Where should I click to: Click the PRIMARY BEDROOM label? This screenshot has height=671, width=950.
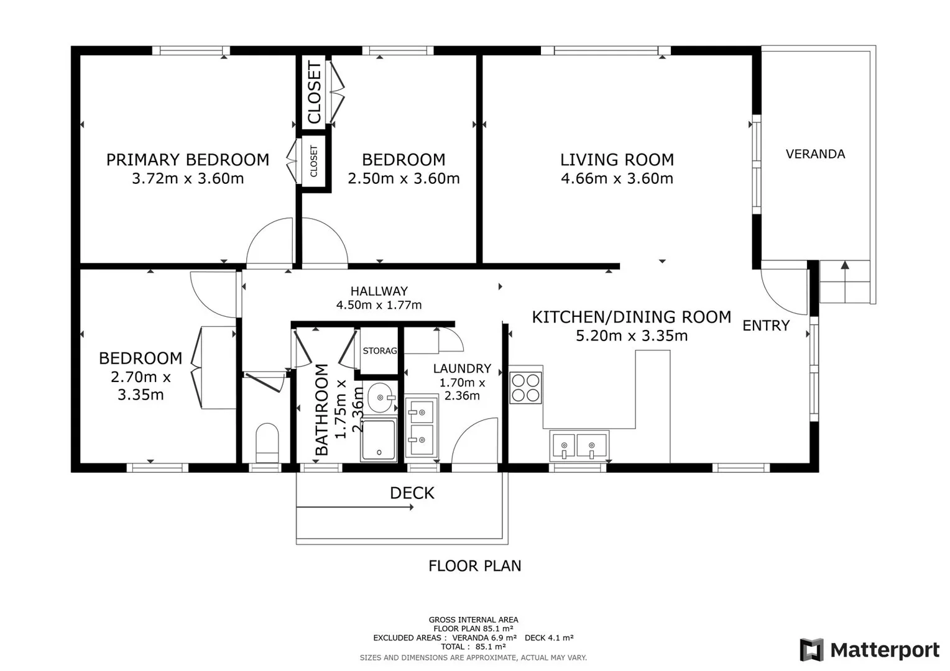tap(187, 160)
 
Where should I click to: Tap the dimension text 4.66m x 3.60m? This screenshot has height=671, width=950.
tap(617, 179)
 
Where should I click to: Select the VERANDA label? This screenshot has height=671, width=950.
tap(815, 154)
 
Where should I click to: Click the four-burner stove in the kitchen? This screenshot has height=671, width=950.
tap(526, 387)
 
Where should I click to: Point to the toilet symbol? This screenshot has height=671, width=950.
tap(267, 442)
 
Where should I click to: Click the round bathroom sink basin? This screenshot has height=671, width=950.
tap(379, 398)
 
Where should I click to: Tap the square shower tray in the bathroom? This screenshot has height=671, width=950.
tap(379, 440)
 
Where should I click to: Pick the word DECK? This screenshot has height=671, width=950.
tap(412, 493)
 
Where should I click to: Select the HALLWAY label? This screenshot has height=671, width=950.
tap(379, 291)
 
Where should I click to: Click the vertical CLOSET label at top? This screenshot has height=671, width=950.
tap(315, 92)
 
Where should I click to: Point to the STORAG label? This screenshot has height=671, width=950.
tap(379, 351)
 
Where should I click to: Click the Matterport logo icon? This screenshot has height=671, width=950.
tap(811, 650)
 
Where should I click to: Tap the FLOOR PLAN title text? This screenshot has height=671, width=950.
tap(474, 566)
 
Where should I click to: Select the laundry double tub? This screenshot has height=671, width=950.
tap(422, 427)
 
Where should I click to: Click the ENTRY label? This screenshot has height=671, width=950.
tap(766, 326)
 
